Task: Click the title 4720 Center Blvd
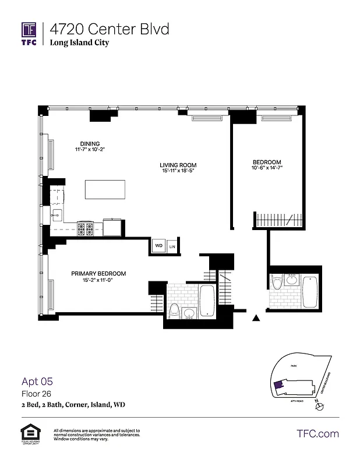pyautogui.click(x=110, y=29)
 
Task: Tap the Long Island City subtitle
pyautogui.click(x=79, y=43)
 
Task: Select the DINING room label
pyautogui.click(x=90, y=144)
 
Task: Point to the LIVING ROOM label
pyautogui.click(x=176, y=165)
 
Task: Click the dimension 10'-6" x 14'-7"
pyautogui.click(x=267, y=168)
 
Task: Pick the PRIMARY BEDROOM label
pyautogui.click(x=98, y=273)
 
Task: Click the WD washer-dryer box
pyautogui.click(x=158, y=246)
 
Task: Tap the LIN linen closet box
pyautogui.click(x=172, y=247)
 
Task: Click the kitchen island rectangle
pyautogui.click(x=105, y=190)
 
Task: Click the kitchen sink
pyautogui.click(x=57, y=216)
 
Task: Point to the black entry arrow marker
pyautogui.click(x=255, y=318)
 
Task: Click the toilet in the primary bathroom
pyautogui.click(x=173, y=311)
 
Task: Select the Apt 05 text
pyautogui.click(x=37, y=382)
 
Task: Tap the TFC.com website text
pyautogui.click(x=317, y=433)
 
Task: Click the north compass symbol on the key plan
pyautogui.click(x=318, y=407)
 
